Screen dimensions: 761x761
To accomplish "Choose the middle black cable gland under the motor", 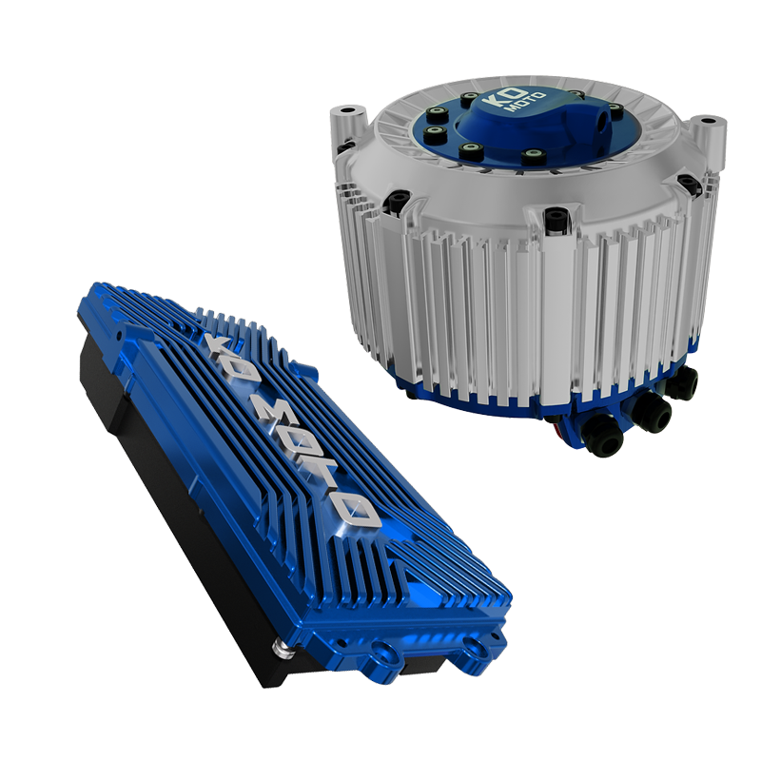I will pyautogui.click(x=651, y=412).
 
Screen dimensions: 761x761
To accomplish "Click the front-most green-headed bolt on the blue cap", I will pyautogui.click(x=470, y=150).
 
